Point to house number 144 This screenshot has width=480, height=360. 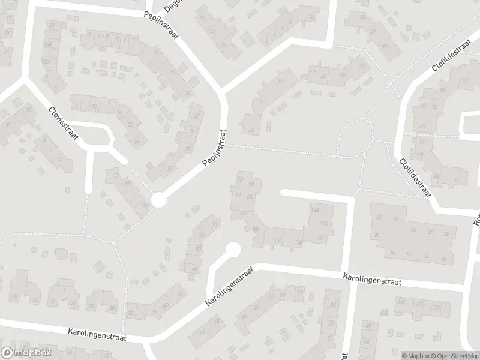(325, 223)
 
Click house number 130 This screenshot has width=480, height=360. (277, 241)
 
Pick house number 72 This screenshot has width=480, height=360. (241, 179)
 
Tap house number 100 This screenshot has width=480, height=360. (257, 229)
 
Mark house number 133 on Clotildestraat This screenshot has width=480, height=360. (465, 81)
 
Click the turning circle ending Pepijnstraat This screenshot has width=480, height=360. (158, 200)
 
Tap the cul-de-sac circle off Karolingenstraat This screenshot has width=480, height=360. (232, 249)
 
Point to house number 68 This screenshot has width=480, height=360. (250, 197)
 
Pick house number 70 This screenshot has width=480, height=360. (251, 184)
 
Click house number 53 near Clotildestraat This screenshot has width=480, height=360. (422, 127)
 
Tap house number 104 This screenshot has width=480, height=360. (242, 213)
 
